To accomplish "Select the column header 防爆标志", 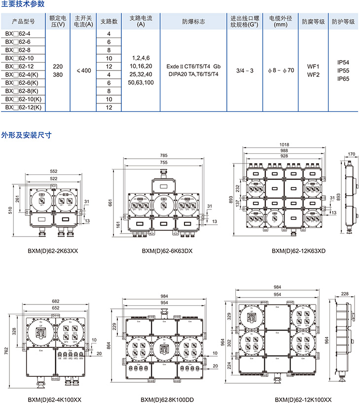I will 193,22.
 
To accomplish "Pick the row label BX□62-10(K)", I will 24,100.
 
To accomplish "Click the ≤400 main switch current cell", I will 84,70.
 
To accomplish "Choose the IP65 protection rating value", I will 343,78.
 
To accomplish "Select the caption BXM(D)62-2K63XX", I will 53,251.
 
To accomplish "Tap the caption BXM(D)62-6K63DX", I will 164,251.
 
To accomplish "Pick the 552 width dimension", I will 53,171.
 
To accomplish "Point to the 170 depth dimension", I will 351,154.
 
